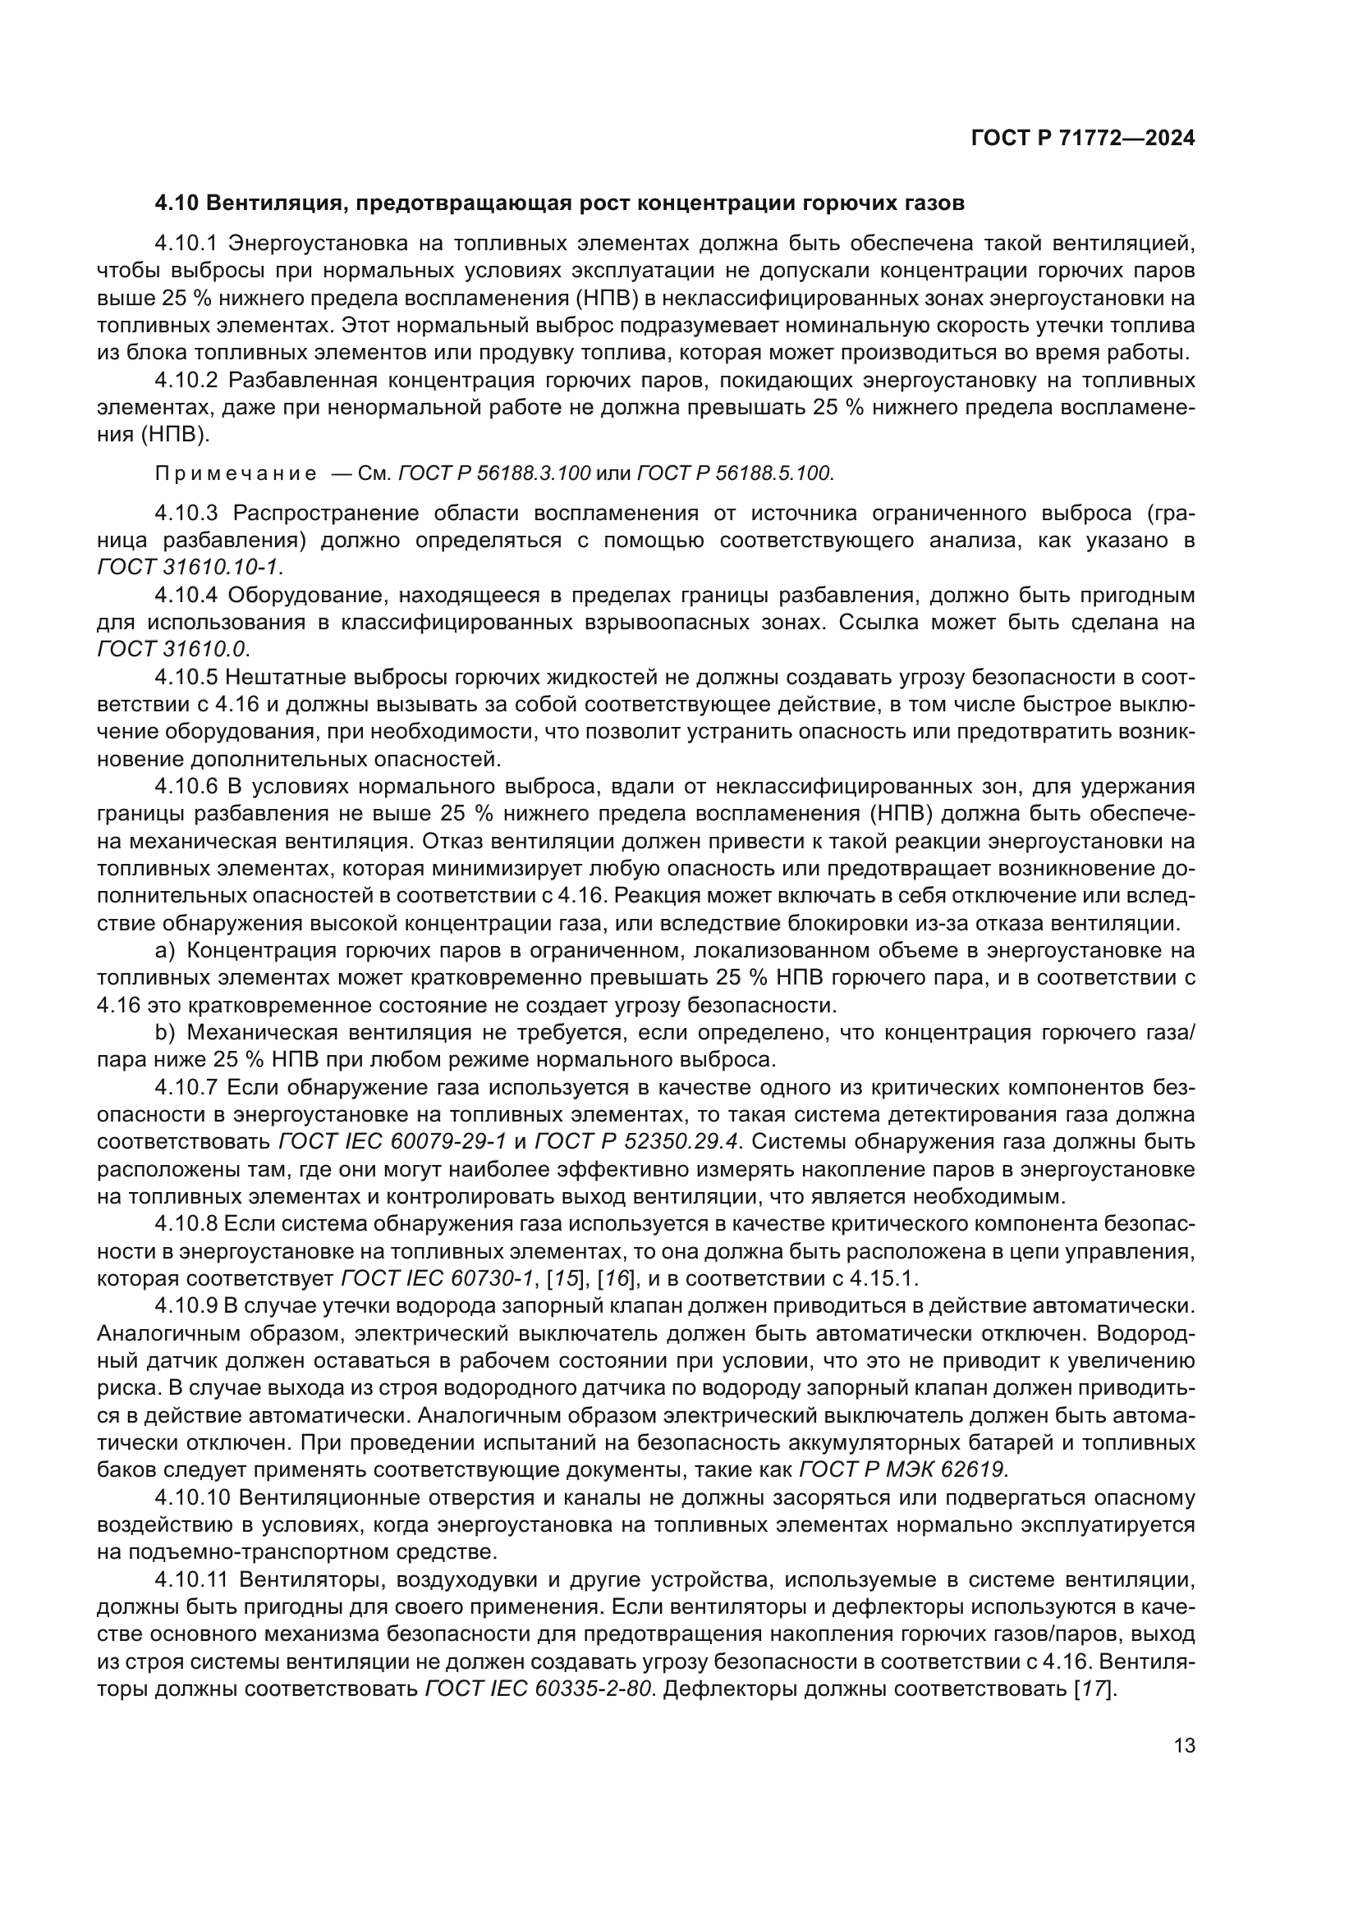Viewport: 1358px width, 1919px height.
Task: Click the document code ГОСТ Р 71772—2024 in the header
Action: point(1083,139)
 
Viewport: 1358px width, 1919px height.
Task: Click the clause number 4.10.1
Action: point(186,243)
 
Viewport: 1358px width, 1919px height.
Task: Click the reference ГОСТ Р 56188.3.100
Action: point(494,474)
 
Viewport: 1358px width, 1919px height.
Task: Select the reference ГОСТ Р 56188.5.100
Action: point(735,474)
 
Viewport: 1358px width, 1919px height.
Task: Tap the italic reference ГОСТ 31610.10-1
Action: point(190,567)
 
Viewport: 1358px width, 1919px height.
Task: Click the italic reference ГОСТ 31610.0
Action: point(173,649)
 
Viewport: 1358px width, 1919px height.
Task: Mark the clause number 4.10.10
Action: point(191,1498)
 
